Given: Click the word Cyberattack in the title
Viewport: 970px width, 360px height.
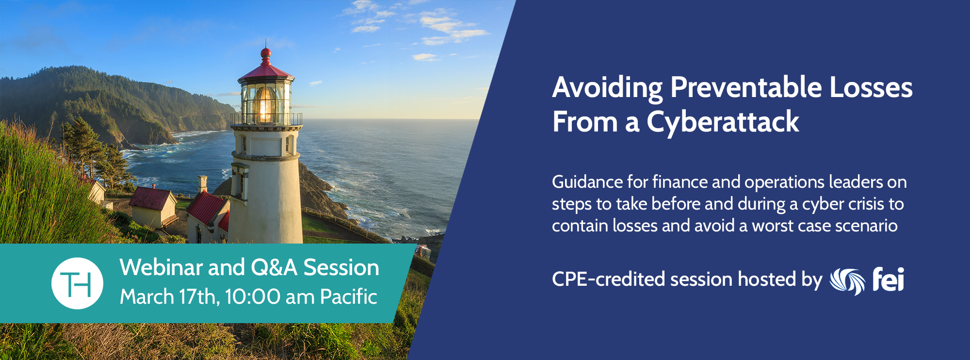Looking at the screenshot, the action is pos(723,122).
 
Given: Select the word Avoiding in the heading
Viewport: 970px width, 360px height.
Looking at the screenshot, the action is pos(607,88).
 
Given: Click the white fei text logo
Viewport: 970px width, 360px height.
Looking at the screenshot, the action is pos(888,279).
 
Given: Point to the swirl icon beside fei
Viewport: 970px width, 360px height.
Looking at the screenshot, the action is pos(847,281).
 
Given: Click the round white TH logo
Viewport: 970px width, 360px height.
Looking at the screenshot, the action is pos(77,283).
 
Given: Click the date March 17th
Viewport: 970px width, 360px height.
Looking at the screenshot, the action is pos(170,296).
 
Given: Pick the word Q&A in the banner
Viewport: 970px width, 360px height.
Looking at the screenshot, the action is pos(274,268).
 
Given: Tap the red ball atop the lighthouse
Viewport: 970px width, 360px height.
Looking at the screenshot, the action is pos(266,53).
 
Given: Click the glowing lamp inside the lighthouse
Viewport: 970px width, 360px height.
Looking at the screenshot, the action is pos(265,104).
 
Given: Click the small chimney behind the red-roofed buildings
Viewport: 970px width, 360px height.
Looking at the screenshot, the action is pos(203,184).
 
